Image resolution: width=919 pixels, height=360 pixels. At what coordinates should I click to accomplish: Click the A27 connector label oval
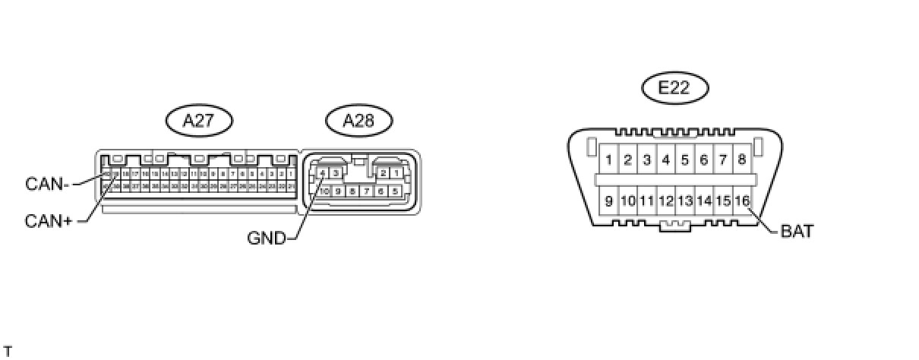tap(199, 120)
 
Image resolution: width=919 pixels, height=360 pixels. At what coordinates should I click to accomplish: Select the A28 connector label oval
tap(358, 120)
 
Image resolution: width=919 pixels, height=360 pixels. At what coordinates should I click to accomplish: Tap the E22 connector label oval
tap(674, 87)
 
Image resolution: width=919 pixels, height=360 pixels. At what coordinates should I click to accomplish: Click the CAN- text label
tap(48, 183)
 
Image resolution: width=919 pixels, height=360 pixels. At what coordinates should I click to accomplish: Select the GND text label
tap(266, 238)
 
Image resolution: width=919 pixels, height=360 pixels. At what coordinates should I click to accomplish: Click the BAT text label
tap(797, 232)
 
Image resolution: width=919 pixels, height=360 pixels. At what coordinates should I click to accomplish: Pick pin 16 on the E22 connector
tap(742, 201)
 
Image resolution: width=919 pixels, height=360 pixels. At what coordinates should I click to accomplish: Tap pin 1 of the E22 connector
tap(608, 159)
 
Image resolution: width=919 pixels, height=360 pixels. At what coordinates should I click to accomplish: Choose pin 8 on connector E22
tap(742, 159)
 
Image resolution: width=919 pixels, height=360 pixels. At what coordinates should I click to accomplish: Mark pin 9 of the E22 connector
tap(608, 201)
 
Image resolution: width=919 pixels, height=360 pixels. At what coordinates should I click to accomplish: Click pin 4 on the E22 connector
tap(665, 159)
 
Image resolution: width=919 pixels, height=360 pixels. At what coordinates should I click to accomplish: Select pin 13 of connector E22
tap(685, 201)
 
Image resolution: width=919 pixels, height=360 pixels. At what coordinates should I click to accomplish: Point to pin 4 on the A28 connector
tap(323, 174)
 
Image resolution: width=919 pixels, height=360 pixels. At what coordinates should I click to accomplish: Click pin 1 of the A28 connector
tap(397, 174)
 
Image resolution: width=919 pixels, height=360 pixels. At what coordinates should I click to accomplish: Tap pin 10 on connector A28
tap(324, 191)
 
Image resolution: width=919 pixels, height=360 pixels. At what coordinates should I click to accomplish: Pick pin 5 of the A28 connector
tap(396, 191)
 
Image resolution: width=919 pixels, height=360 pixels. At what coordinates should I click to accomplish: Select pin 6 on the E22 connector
tap(704, 159)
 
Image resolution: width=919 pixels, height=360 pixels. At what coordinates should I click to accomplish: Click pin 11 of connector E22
tap(646, 201)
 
